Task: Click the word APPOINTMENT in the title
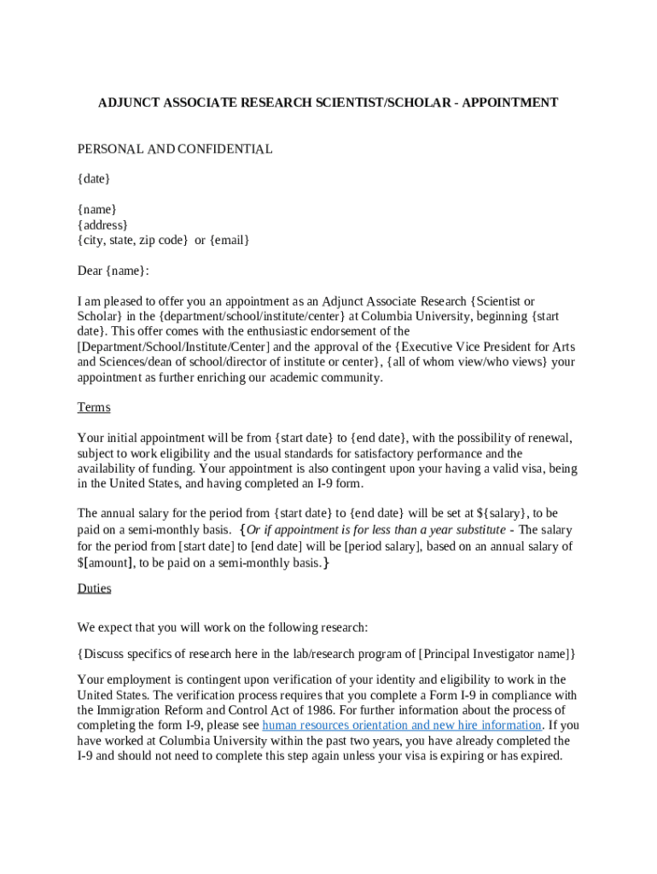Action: [x=509, y=102]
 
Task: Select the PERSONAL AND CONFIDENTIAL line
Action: [x=175, y=149]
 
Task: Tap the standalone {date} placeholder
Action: [x=94, y=178]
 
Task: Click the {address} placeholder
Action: [x=102, y=224]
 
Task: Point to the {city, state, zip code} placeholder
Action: [x=133, y=240]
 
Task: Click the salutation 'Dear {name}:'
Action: [x=113, y=271]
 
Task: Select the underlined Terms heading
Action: [x=94, y=407]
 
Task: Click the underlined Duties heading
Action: [x=94, y=588]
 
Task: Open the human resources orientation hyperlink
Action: [x=401, y=725]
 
